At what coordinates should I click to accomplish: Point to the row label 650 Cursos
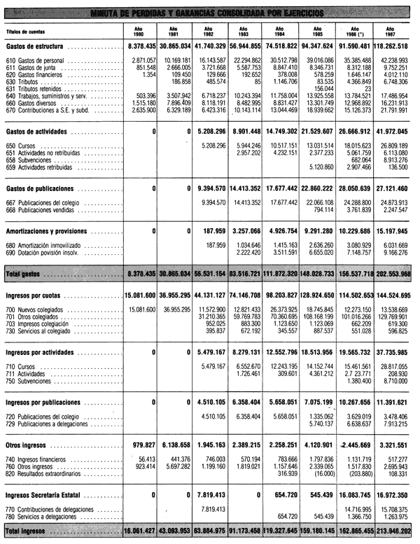(x=21, y=145)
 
